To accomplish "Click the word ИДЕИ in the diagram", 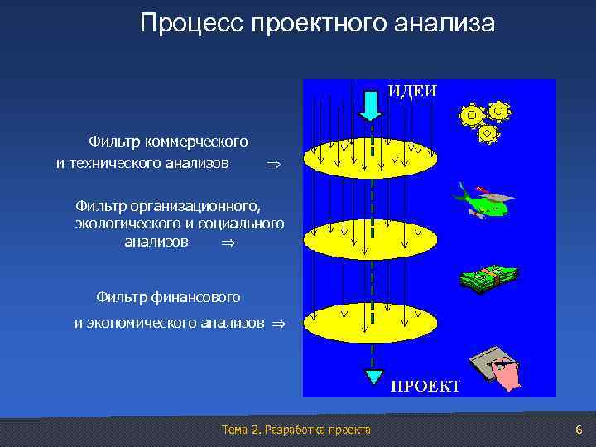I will tap(413, 91).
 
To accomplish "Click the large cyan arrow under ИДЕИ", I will tap(371, 103).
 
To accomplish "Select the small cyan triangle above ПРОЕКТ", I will tap(375, 377).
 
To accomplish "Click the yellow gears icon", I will tap(484, 120).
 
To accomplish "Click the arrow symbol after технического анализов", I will tap(275, 165).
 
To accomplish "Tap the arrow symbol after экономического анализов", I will tap(277, 323).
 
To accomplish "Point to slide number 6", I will tap(579, 430).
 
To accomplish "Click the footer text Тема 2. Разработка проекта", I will tap(296, 430).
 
